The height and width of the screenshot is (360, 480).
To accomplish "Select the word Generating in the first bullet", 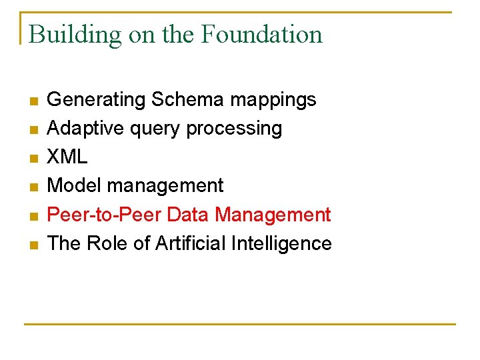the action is coord(97,100).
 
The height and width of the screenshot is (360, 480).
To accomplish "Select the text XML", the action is coord(67,157).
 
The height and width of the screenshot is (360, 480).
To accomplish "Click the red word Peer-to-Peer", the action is coord(105,215).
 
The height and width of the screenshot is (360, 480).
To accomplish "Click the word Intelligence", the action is coord(281,244).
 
